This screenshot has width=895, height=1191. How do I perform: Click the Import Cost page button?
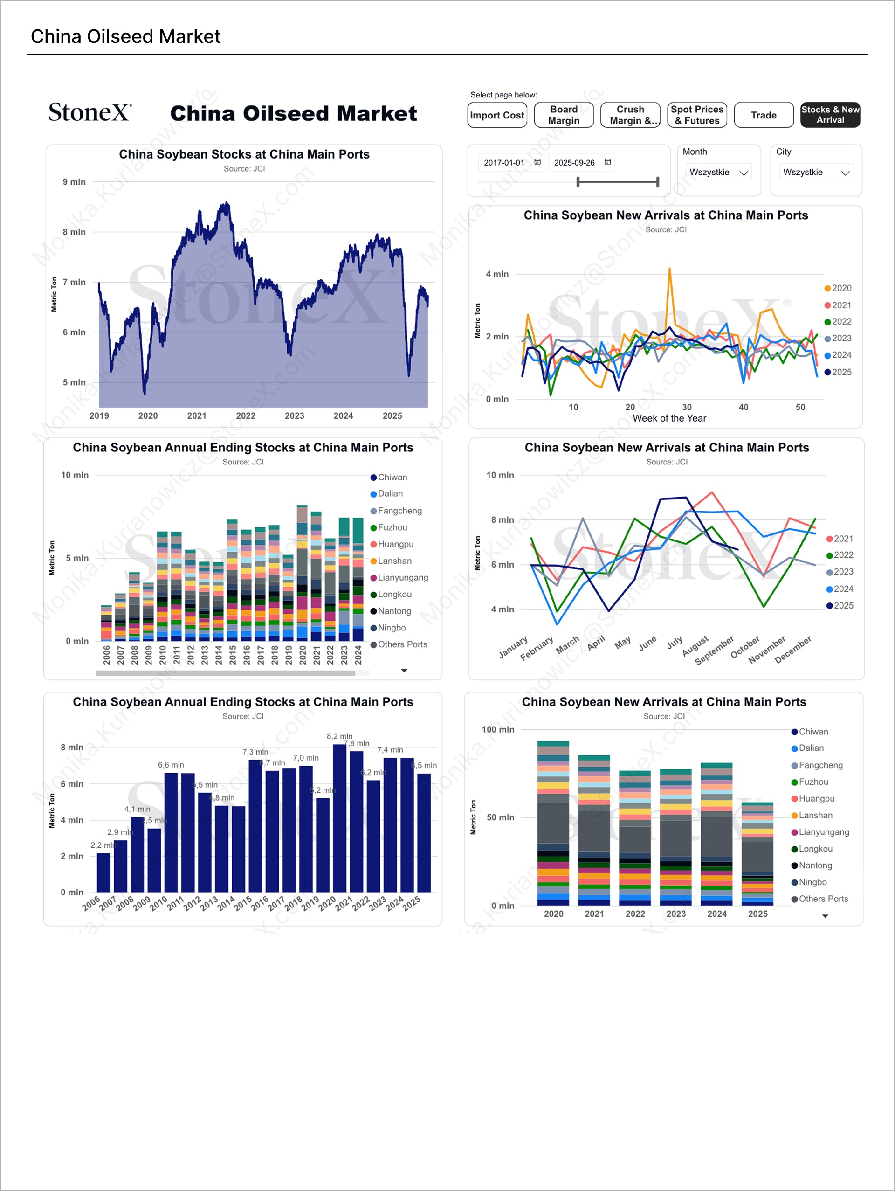coord(497,115)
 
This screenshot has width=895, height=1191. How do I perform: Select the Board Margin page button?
coord(564,115)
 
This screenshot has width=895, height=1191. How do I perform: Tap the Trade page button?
coord(763,115)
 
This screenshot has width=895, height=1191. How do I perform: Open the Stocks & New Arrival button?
coord(830,115)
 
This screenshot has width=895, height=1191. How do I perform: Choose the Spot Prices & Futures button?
coord(697,115)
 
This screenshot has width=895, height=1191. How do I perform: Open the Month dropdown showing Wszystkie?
coord(718,172)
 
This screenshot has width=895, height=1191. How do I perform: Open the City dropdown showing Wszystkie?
coord(815,172)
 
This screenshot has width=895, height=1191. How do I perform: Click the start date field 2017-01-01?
coord(504,163)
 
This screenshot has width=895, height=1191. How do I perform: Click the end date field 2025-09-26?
coord(574,163)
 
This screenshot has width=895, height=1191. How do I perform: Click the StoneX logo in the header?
coord(90,112)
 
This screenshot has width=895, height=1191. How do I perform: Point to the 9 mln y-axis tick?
coord(74,182)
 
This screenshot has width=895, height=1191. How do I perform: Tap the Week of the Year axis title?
coord(669,418)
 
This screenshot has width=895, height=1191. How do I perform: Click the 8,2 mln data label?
coord(340,736)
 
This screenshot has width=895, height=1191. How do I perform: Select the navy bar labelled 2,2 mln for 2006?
coord(103,872)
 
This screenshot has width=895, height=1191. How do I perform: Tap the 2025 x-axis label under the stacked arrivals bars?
coord(757,914)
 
